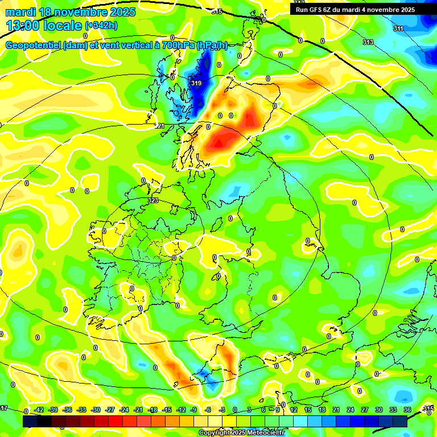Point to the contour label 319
point(196,83)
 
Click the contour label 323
point(152,201)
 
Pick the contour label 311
point(398,28)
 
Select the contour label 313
point(368,42)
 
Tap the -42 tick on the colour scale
point(39,410)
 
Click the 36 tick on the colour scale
point(407,410)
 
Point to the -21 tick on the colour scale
point(138,410)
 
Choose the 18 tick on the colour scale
point(322,410)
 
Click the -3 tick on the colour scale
point(223,410)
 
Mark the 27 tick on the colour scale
point(365,410)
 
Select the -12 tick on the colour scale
point(181,410)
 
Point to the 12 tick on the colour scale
point(294,410)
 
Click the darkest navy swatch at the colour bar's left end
point(30,421)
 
